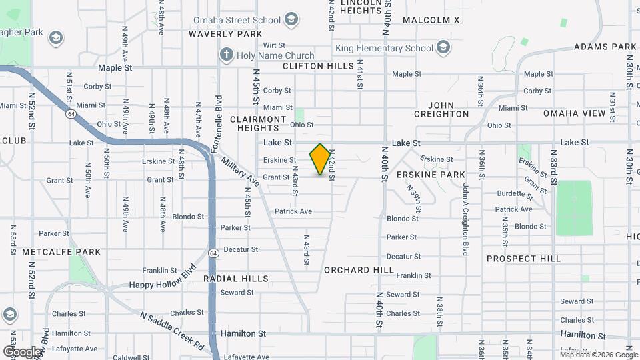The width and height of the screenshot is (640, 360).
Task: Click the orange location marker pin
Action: click(320, 160)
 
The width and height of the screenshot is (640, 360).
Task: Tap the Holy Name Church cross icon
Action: click(227, 55)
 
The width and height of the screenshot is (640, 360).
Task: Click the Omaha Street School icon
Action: click(291, 19)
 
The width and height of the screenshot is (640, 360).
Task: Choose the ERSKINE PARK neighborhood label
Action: click(430, 175)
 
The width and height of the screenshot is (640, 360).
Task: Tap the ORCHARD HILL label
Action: click(359, 270)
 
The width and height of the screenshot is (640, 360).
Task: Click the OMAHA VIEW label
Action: click(574, 113)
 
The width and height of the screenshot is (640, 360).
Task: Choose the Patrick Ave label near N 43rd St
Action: click(293, 211)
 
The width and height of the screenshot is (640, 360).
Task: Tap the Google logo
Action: click(22, 351)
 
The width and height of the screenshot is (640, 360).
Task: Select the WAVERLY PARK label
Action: click(225, 33)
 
